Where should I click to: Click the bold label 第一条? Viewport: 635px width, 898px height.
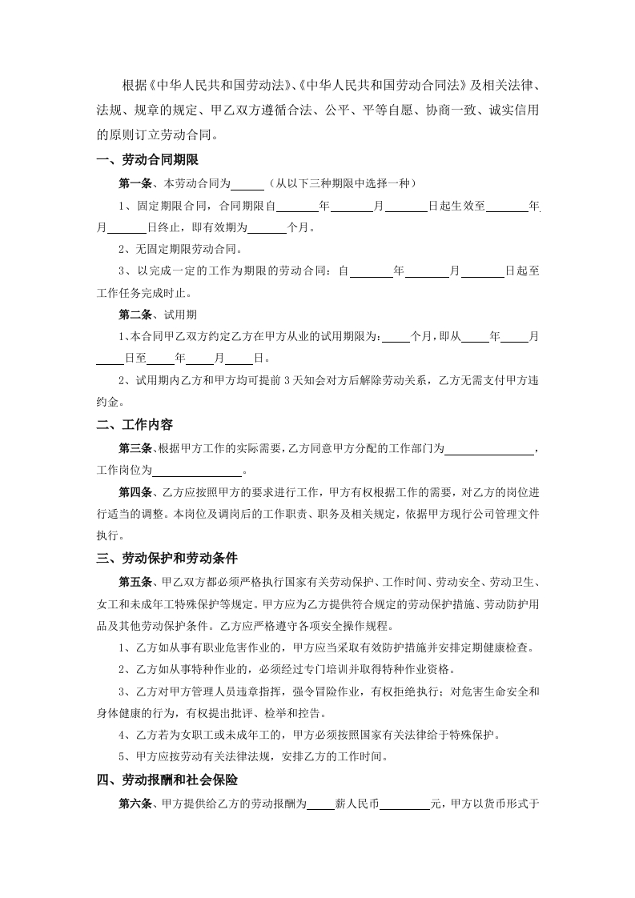coord(135,184)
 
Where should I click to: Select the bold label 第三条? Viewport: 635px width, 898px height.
coord(135,447)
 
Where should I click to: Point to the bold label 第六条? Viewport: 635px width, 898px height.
coord(135,804)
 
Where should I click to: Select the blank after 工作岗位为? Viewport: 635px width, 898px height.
coord(196,470)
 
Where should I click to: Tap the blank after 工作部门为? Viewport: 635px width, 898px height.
coord(489,448)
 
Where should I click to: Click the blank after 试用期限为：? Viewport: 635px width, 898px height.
coord(396,337)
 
